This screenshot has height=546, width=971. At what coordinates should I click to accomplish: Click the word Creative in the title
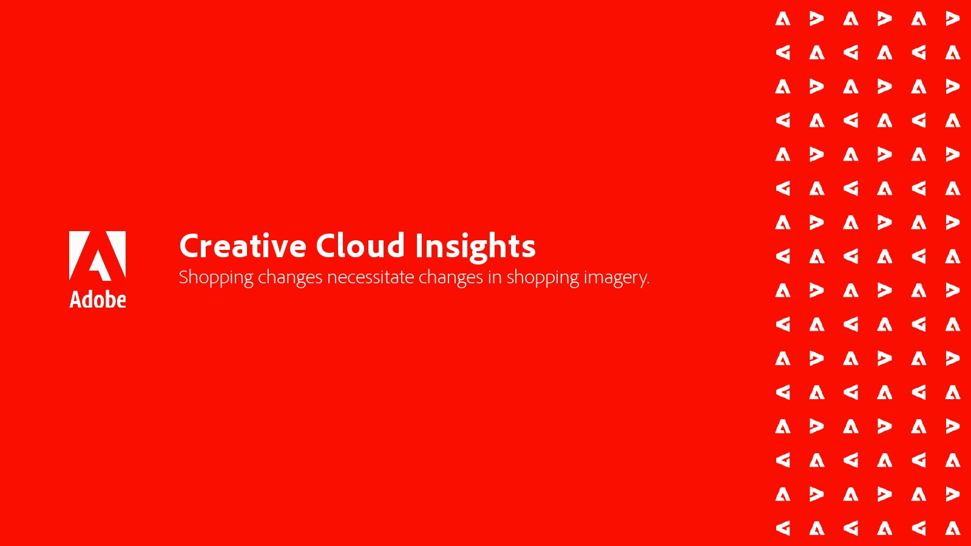coord(243,246)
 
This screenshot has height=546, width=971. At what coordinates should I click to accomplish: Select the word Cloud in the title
coord(360,245)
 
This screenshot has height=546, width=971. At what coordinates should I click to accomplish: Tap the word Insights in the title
coord(476,247)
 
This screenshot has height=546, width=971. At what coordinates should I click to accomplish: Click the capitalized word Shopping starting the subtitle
coord(216,278)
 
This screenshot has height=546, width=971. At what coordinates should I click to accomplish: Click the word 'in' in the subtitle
coord(495,277)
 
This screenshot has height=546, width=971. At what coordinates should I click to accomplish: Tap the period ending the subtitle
coord(648,283)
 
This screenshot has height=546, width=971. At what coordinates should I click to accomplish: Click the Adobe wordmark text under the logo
coord(98,300)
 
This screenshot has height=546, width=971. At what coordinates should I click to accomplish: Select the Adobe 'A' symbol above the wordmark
coord(98,255)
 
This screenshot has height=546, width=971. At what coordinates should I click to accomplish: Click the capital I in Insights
coord(418,246)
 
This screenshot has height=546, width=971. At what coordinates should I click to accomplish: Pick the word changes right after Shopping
coord(290,278)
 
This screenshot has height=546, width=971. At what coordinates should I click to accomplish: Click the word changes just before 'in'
coord(450,278)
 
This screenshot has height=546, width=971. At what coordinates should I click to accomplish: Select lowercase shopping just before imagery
coord(543,278)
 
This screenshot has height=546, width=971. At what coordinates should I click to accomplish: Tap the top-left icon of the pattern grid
coord(783,19)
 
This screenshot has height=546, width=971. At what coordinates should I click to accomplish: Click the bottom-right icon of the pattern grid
coord(953,528)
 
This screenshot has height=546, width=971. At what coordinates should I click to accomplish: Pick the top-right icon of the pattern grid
coord(953,19)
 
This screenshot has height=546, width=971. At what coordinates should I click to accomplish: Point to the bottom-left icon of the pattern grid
coord(783,528)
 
